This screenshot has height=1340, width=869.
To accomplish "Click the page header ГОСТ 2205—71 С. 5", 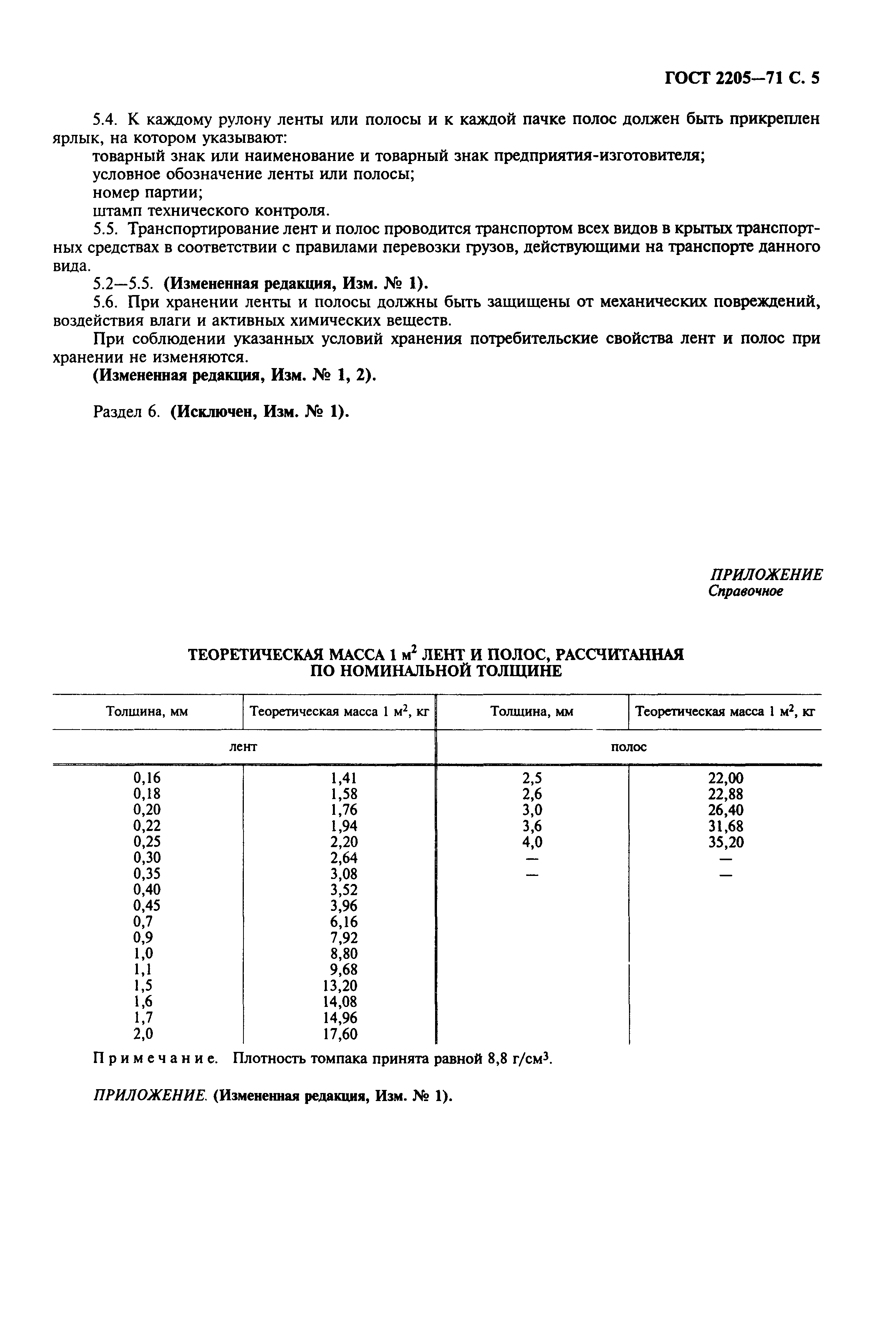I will (742, 78).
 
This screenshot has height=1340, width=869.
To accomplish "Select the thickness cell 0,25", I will (147, 841).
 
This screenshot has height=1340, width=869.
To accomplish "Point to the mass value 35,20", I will (725, 842).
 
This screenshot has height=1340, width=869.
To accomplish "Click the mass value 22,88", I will (725, 794).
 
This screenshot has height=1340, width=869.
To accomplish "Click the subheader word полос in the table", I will (628, 746).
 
